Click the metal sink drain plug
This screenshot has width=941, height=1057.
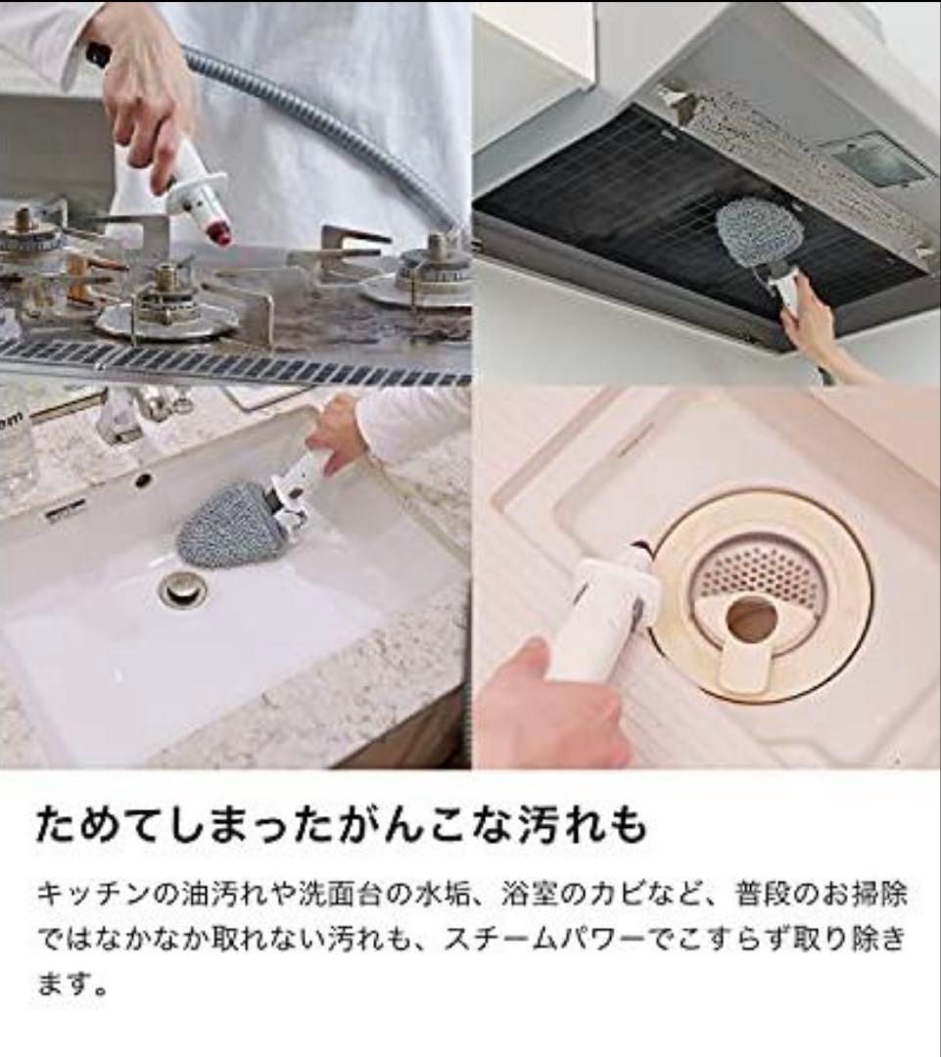tap(182, 589)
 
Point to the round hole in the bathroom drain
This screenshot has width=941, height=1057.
tap(751, 620)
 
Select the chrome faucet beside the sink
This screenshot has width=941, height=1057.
tap(127, 417)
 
